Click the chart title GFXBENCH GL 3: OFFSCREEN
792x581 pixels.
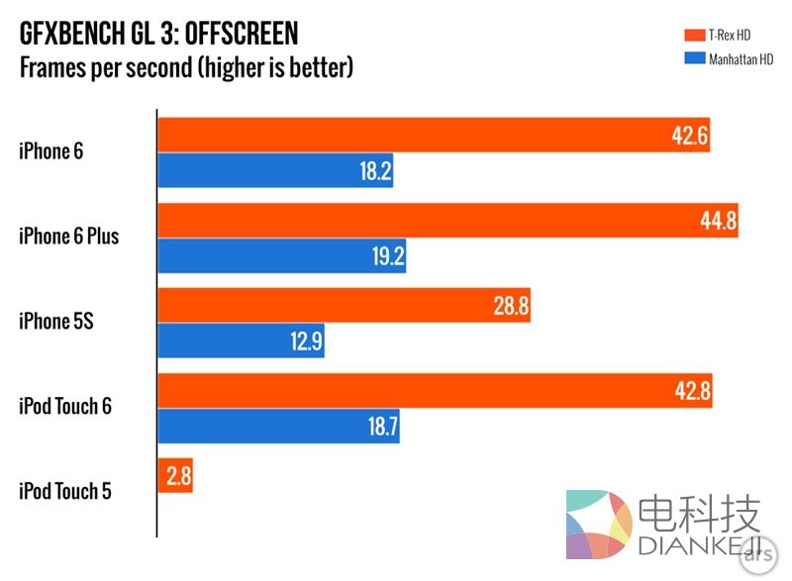[x=158, y=34]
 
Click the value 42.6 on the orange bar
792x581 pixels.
[x=689, y=136]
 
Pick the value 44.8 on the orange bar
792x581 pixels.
[x=718, y=221]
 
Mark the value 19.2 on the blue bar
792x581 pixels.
[x=385, y=256]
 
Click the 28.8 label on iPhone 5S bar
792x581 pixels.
[x=510, y=306]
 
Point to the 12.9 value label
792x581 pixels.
[x=304, y=341]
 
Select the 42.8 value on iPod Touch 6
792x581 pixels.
[x=692, y=391]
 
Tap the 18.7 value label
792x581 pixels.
[x=379, y=427]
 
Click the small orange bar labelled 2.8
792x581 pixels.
[x=175, y=476]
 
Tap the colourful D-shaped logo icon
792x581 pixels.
[x=599, y=526]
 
